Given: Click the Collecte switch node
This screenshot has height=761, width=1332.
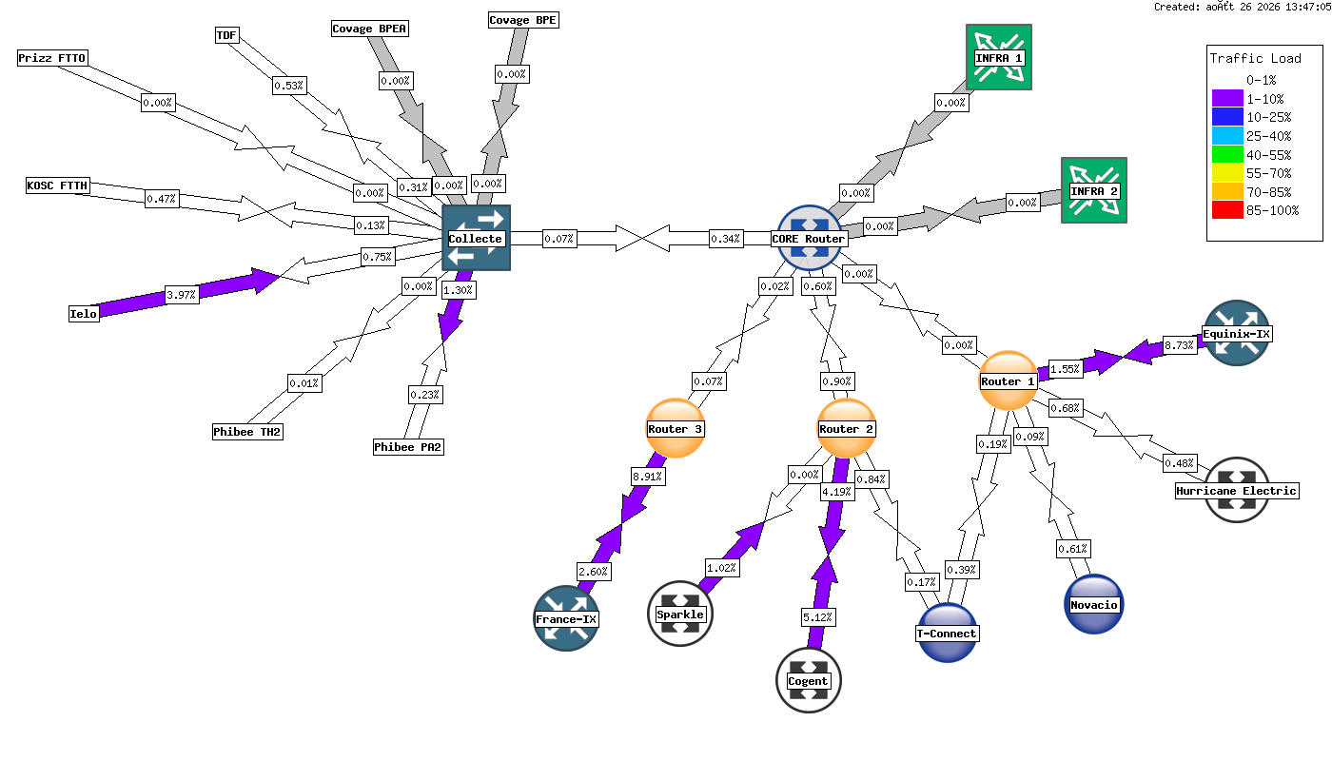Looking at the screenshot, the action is point(477,238).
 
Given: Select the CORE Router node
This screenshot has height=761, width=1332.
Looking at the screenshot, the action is point(809,238).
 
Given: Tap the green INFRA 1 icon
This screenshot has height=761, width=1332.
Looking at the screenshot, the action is point(999,57).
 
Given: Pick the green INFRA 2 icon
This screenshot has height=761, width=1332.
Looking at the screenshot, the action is point(1094,190).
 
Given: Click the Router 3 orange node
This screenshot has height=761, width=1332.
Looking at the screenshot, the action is point(676,428).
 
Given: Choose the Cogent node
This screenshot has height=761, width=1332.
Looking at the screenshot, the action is point(809,680).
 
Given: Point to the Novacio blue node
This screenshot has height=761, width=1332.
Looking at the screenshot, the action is point(1094,604).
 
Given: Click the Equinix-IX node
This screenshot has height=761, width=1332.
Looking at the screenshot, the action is point(1237,333).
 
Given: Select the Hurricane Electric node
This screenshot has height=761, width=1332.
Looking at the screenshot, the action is point(1237,490).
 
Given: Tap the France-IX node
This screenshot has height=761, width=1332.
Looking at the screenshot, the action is point(566,618).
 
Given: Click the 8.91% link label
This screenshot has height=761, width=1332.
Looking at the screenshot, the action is point(648,477).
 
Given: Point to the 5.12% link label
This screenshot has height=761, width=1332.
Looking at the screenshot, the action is point(818,617).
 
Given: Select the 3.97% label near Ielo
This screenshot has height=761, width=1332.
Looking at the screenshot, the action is point(182,295).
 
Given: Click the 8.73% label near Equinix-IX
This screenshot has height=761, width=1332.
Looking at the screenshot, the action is point(1179,344).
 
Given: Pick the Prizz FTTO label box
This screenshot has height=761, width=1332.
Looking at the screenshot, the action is point(52,58).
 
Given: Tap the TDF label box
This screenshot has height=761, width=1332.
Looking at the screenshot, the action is point(226,35).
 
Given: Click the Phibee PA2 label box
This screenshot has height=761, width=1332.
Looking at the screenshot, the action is point(408,447).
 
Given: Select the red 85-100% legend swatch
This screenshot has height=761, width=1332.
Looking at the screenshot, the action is point(1228,210).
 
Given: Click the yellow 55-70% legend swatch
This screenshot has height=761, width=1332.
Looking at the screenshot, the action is point(1228,173).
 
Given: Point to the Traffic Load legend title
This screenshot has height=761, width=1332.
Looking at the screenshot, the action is point(1255,58).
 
